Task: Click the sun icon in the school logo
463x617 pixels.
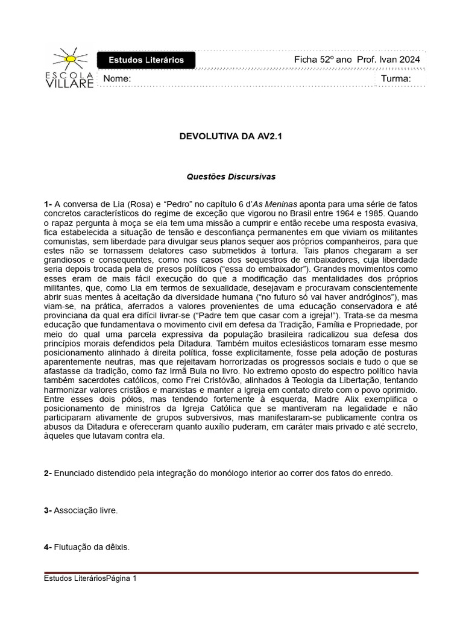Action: click(70, 58)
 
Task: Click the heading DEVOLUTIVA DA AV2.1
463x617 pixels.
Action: click(231, 137)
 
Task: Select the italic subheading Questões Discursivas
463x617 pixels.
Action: click(231, 177)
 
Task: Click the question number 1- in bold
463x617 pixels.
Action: click(48, 205)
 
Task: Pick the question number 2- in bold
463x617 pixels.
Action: click(48, 474)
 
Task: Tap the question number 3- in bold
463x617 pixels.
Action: click(48, 510)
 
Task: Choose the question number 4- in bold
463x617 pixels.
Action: click(48, 548)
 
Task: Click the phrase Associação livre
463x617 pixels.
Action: click(86, 510)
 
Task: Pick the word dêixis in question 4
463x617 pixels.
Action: click(116, 548)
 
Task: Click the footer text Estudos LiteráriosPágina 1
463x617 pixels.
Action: click(90, 578)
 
